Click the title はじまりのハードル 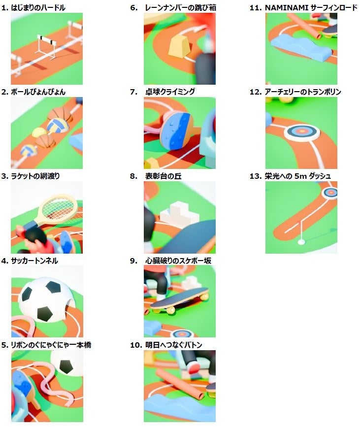pyautogui.click(x=38, y=7)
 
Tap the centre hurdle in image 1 pyautogui.click(x=47, y=47)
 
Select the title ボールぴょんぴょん pyautogui.click(x=38, y=92)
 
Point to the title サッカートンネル pyautogui.click(x=34, y=261)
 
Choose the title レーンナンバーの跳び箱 pyautogui.click(x=181, y=7)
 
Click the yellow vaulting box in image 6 pyautogui.click(x=180, y=46)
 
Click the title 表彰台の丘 pyautogui.click(x=163, y=176)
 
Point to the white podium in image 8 pyautogui.click(x=179, y=213)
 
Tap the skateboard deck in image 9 pyautogui.click(x=179, y=297)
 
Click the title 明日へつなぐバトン pyautogui.click(x=174, y=345)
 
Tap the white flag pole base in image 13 pyautogui.click(x=301, y=242)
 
